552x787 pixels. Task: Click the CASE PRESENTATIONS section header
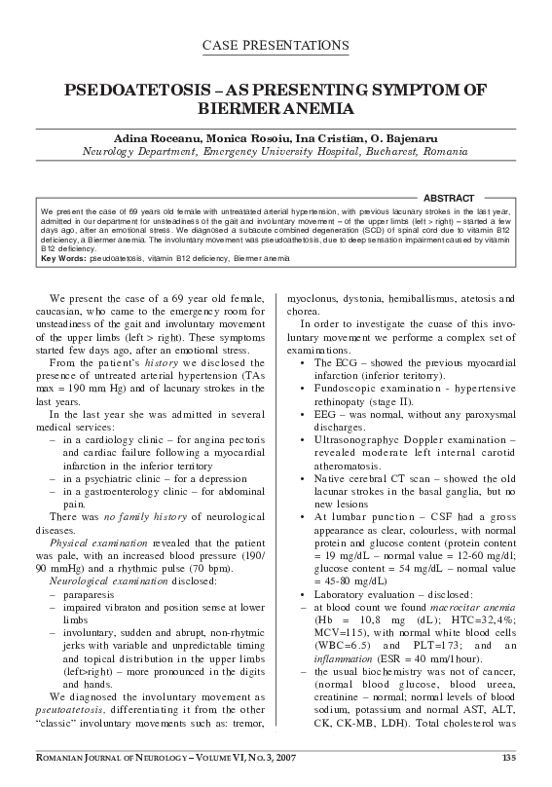click(x=276, y=45)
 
